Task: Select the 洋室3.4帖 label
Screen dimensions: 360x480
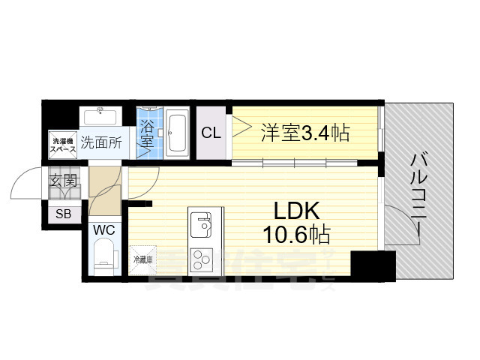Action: click(x=304, y=133)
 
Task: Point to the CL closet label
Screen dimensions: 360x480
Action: click(x=211, y=133)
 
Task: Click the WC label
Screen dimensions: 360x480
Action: click(x=103, y=229)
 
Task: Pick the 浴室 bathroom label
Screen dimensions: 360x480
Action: click(x=147, y=133)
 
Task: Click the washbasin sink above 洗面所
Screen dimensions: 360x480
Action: click(x=99, y=118)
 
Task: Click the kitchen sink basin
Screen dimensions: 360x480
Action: click(x=200, y=223)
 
